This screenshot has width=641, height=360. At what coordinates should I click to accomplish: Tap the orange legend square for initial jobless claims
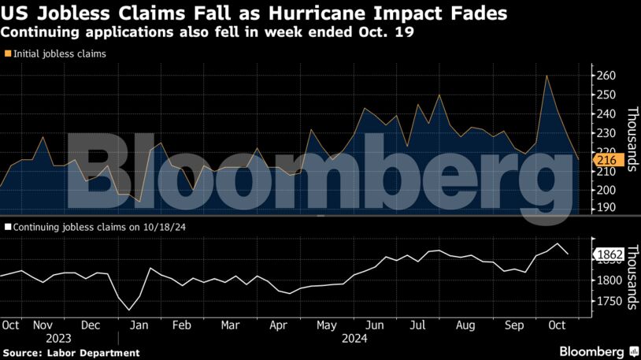(x=8, y=54)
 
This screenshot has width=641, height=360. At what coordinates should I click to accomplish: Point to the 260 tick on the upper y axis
(x=606, y=76)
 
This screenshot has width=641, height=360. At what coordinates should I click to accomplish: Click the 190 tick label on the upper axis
(x=606, y=209)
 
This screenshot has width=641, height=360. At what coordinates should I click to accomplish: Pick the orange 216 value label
(x=607, y=160)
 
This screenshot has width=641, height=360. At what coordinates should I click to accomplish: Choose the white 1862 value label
(x=610, y=254)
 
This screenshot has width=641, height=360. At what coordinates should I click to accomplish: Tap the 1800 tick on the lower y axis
(x=610, y=280)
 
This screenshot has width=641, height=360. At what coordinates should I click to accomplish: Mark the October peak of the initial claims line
(x=547, y=76)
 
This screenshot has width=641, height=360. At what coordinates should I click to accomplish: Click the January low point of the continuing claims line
(x=129, y=310)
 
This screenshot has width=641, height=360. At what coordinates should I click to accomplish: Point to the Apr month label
(x=277, y=325)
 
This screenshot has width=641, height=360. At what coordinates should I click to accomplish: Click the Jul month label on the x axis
(x=418, y=325)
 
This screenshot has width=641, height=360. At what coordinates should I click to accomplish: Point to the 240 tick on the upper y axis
(x=606, y=113)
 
